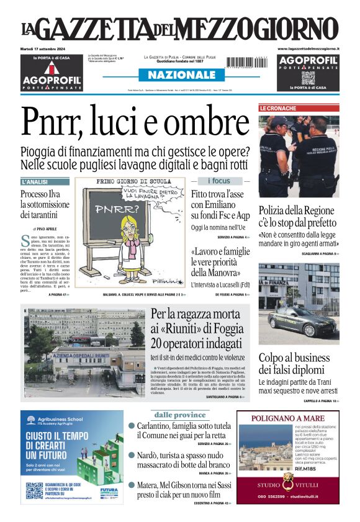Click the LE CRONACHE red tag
[278, 108]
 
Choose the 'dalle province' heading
[179, 415]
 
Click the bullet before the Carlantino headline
[132, 426]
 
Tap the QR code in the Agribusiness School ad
[35, 491]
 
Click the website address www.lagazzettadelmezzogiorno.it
[308, 48]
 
